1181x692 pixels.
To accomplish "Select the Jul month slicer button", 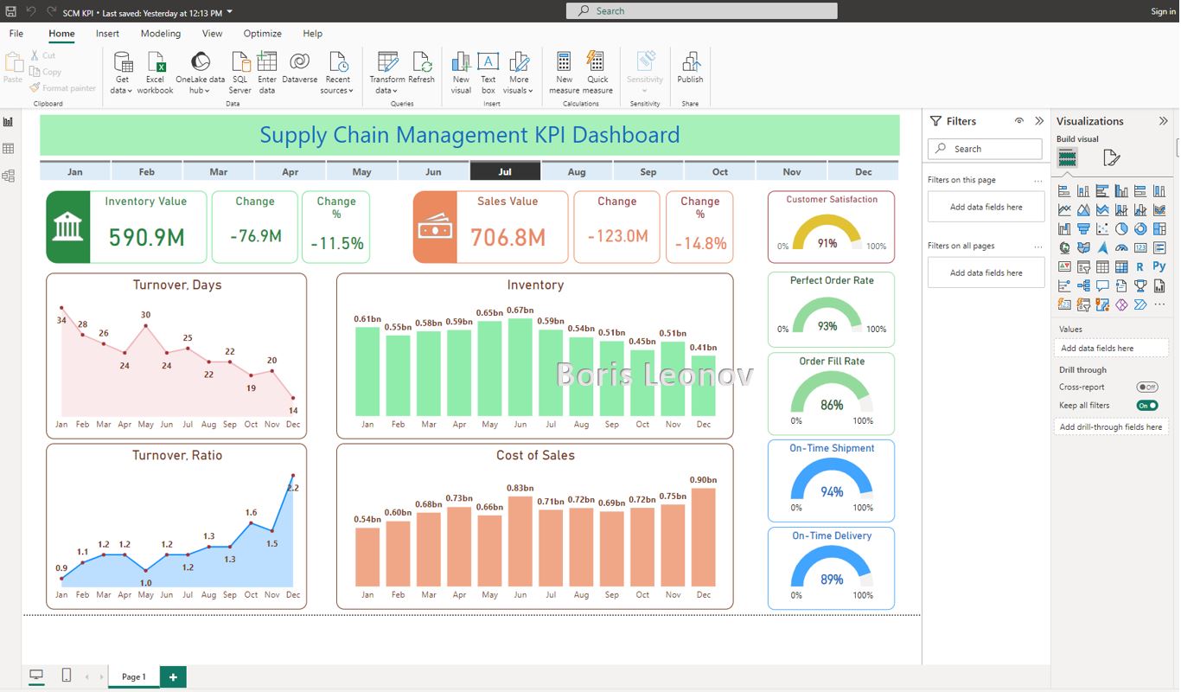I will pos(505,171).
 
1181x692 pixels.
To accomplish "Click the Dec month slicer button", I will pos(863,171).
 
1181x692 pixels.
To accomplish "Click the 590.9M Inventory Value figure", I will pos(147,237).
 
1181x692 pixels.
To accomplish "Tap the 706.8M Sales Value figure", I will pos(508,237).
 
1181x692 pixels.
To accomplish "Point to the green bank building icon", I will pos(68,227).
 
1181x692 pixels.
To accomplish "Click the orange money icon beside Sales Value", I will pos(434,227).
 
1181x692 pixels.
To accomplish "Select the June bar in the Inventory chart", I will pos(520,367).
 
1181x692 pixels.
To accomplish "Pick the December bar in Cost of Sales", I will pos(703,536).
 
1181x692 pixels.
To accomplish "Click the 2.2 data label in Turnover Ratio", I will pos(293,488).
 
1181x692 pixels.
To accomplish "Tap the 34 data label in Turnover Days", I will pos(61,320).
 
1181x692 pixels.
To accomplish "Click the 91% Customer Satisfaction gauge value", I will pos(827,243).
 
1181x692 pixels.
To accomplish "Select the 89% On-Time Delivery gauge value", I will pos(832,580).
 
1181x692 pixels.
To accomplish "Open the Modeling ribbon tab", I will pos(161,34).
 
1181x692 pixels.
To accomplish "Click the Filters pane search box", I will pos(985,149).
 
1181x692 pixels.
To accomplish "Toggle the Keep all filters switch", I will pos(1147,405).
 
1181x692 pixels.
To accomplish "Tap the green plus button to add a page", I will pos(173,677).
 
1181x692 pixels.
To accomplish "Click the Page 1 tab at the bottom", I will pos(133,676).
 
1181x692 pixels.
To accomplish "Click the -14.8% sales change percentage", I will pos(700,244).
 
